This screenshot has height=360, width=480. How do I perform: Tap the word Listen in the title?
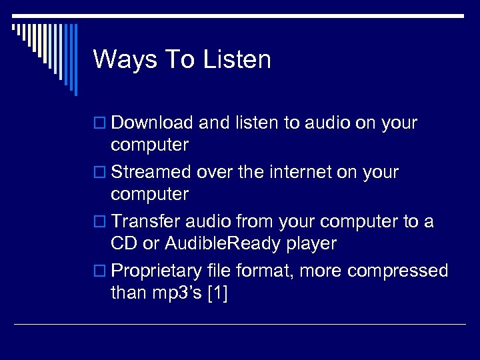(237, 59)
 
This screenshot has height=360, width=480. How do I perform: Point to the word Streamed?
(151, 172)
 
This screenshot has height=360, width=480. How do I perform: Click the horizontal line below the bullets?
(240, 325)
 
